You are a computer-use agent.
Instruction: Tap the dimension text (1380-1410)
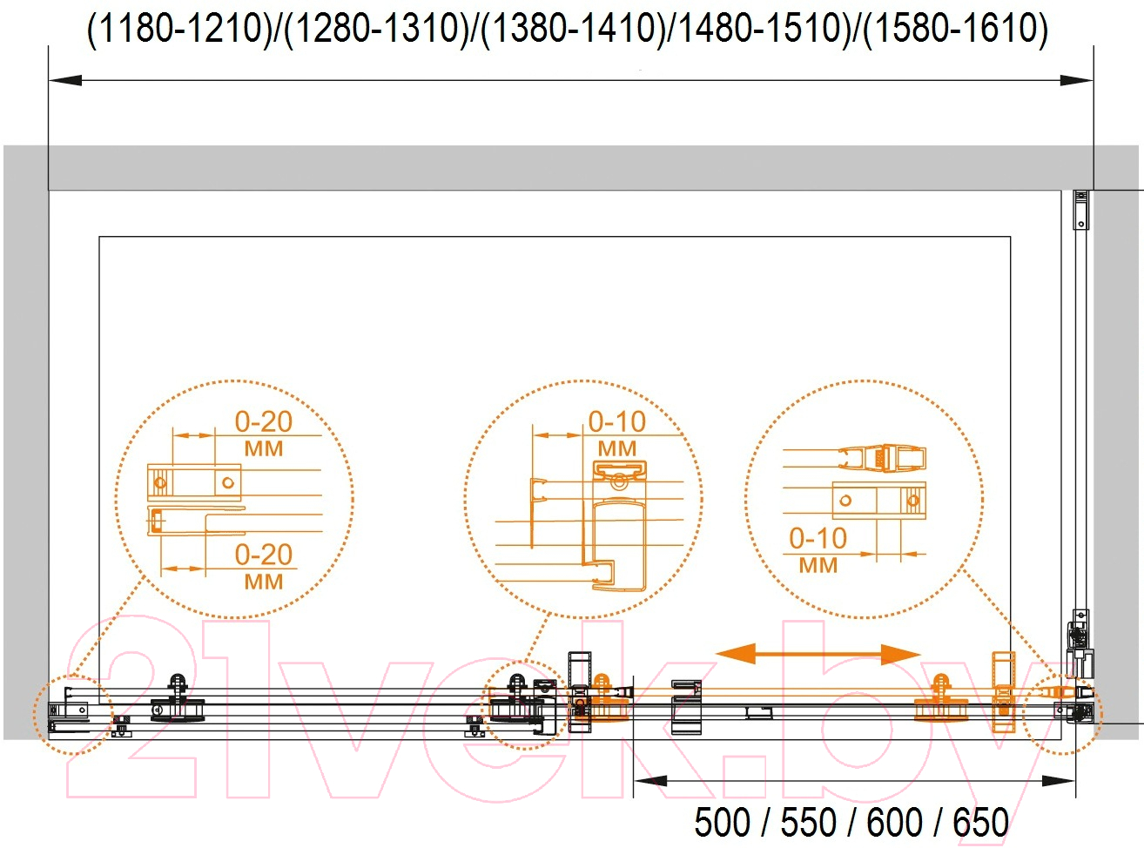pos(573,29)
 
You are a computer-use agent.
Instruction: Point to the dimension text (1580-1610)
pos(955,29)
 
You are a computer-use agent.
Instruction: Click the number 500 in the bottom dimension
pos(722,822)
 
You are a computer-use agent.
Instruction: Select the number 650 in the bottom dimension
pos(981,822)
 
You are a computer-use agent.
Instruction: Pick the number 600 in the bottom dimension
pos(895,822)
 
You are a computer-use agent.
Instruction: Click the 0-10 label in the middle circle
pos(617,422)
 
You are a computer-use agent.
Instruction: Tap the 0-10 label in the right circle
pos(818,539)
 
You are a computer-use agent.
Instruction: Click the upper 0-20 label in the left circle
pos(264,422)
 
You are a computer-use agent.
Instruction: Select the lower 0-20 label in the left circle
pos(264,555)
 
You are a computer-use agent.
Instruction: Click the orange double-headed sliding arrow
pos(818,655)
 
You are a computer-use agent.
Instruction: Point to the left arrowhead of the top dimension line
pos(65,80)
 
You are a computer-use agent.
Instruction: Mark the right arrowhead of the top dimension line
pos(1077,80)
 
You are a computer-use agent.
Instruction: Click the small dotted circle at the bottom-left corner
pos(73,715)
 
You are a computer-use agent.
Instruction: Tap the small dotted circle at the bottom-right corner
pos(1063,715)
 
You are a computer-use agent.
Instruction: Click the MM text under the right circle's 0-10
pos(818,565)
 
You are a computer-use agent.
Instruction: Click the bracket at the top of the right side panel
pos(1081,210)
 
